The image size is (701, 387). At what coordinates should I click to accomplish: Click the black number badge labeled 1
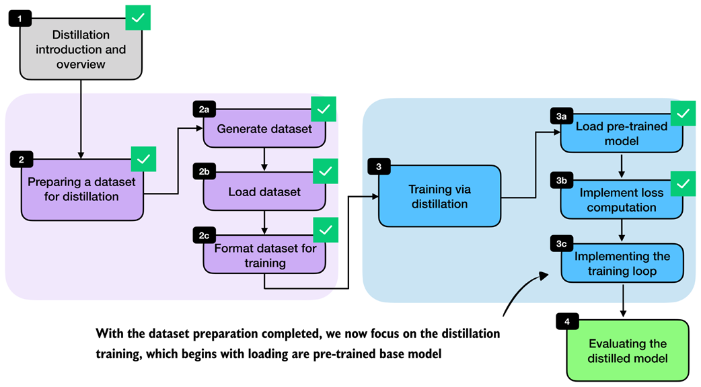coord(20,18)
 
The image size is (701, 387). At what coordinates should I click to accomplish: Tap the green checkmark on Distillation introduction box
coord(138,17)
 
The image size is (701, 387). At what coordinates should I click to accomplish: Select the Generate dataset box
coord(264,128)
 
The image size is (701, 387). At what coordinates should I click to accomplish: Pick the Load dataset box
coord(264,191)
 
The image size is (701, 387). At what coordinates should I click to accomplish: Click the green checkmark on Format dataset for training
coord(325,231)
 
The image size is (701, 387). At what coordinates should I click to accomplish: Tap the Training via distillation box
coord(439,195)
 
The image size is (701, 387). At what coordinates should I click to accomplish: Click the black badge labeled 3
coord(379,168)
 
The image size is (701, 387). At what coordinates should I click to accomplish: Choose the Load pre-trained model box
coord(622,134)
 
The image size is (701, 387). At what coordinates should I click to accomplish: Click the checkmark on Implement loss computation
coord(683,183)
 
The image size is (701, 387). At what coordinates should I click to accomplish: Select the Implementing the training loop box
coord(622,264)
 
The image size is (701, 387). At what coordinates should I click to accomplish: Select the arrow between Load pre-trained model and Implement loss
coord(622,165)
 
